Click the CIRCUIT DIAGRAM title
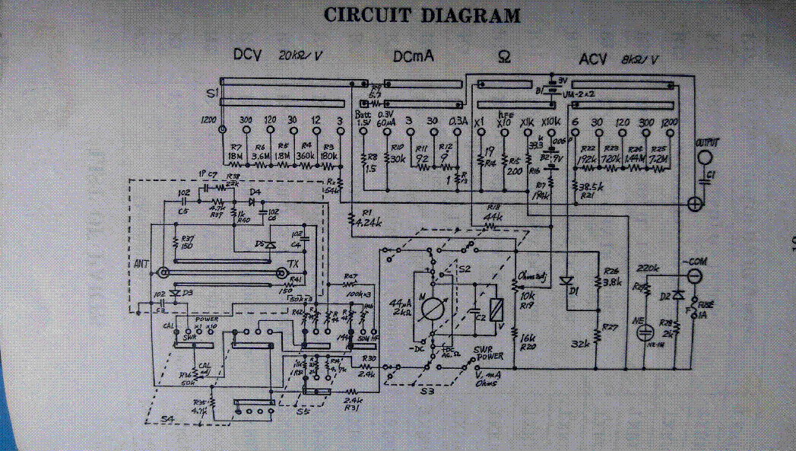[423, 15]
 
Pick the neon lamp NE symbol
[646, 332]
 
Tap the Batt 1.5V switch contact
[363, 130]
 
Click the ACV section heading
[592, 59]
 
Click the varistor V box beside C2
[496, 309]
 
